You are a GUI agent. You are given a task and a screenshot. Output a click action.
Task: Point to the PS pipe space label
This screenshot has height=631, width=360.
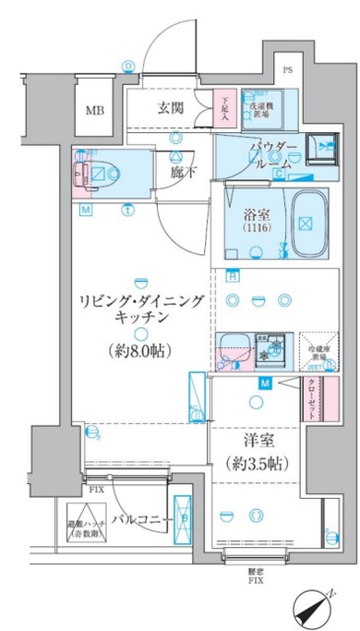pyautogui.click(x=287, y=70)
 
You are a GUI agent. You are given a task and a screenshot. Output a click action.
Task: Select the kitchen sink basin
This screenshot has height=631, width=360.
pyautogui.click(x=235, y=347)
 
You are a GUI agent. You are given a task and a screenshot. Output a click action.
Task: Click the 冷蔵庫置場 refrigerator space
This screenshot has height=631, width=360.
pyautogui.click(x=318, y=347)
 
